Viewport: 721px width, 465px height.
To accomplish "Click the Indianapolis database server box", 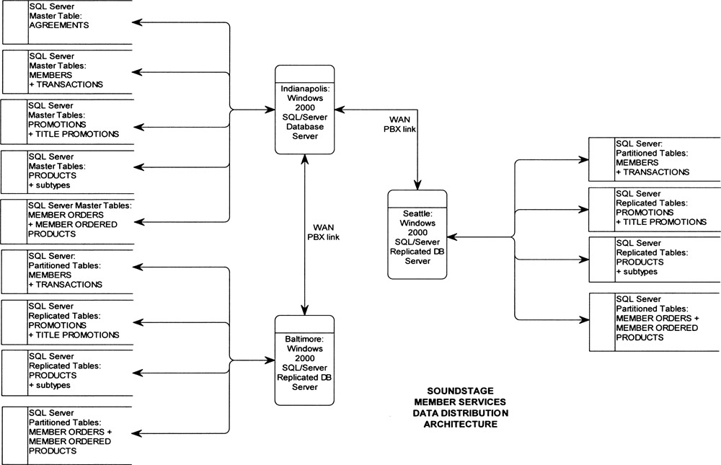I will pyautogui.click(x=305, y=109).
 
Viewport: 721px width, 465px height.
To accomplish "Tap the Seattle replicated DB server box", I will pyautogui.click(x=417, y=234).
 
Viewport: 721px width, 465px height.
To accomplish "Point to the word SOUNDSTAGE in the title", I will pyautogui.click(x=460, y=390).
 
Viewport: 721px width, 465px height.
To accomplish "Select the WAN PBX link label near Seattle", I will pyautogui.click(x=401, y=123).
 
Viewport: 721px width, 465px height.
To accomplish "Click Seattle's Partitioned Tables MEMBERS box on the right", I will pyautogui.click(x=655, y=159).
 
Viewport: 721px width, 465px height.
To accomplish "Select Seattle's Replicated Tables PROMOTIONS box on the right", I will pyautogui.click(x=655, y=208).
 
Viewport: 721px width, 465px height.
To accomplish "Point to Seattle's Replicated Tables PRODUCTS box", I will pyautogui.click(x=655, y=257).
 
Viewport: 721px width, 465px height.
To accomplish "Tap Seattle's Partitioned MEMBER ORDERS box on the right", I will pyautogui.click(x=655, y=322).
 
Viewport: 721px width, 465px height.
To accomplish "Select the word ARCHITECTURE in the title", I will pyautogui.click(x=460, y=425).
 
